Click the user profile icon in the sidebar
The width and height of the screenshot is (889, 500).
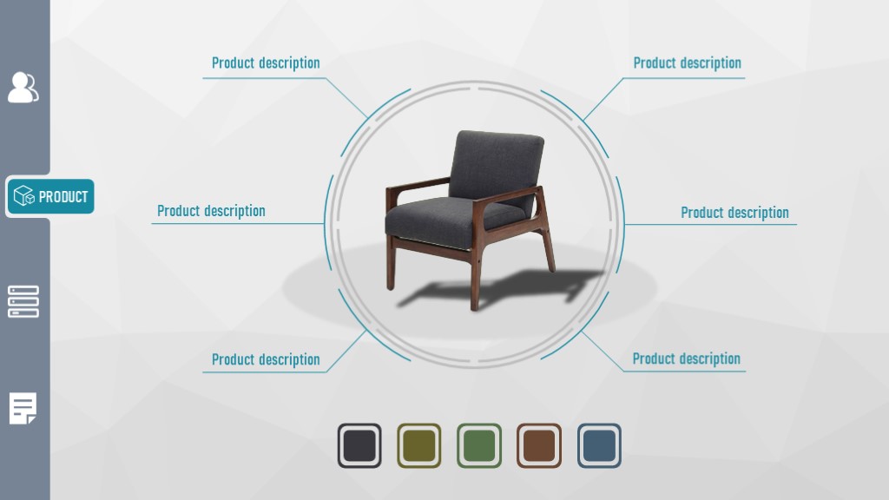(x=23, y=88)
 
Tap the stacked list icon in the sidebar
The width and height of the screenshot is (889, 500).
(x=23, y=301)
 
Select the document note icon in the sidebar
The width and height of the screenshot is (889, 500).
(x=23, y=408)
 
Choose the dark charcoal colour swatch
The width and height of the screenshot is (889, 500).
(x=359, y=445)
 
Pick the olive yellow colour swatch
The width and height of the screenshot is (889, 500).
(x=419, y=445)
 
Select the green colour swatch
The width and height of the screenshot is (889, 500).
(x=479, y=445)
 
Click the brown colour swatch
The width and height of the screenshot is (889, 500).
(x=539, y=445)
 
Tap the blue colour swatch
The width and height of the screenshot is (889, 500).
(x=599, y=445)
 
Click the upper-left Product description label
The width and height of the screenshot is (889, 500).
(x=266, y=62)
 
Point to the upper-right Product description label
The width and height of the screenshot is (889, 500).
(x=688, y=62)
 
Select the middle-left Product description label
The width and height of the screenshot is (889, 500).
(x=211, y=211)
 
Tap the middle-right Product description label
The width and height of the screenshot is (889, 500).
(x=734, y=213)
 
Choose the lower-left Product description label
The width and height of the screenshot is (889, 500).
(x=266, y=359)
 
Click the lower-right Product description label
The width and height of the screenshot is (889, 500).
(x=687, y=359)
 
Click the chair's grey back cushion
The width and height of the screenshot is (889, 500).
(x=496, y=163)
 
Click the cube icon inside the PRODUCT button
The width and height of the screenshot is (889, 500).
(x=23, y=196)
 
